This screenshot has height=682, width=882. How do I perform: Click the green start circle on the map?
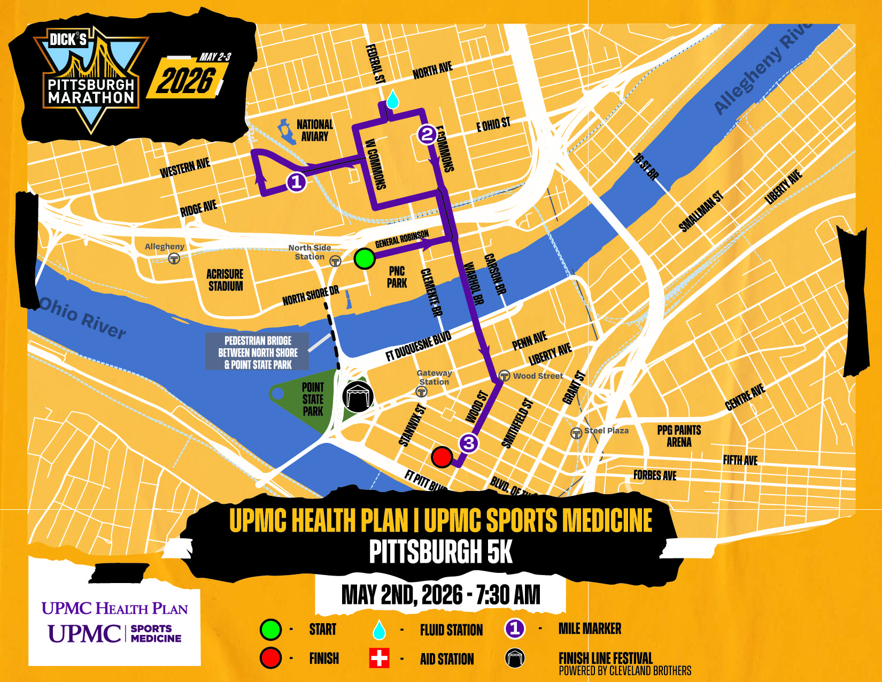tap(365, 259)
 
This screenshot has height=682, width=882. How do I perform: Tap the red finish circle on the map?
tap(442, 457)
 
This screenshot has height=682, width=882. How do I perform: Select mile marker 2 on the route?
tap(427, 134)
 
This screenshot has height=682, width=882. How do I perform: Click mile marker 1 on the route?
tap(296, 182)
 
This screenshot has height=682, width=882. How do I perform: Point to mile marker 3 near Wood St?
tap(469, 443)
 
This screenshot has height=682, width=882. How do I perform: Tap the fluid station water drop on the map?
tap(393, 99)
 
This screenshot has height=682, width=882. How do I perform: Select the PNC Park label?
tap(397, 277)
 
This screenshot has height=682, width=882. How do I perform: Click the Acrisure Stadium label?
tap(225, 280)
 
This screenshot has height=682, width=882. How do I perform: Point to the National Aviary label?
tap(315, 131)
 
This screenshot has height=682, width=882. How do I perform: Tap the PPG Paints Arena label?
tap(679, 436)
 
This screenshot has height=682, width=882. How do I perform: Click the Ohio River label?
tap(83, 318)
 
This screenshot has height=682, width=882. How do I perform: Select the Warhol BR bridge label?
tap(474, 283)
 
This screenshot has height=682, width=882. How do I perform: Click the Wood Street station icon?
tap(504, 375)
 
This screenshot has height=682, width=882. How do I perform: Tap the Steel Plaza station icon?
tap(576, 433)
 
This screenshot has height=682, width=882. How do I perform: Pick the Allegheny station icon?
tap(174, 259)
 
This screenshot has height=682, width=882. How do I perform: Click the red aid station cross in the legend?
tap(379, 658)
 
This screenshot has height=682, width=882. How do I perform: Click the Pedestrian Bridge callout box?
tap(257, 351)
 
